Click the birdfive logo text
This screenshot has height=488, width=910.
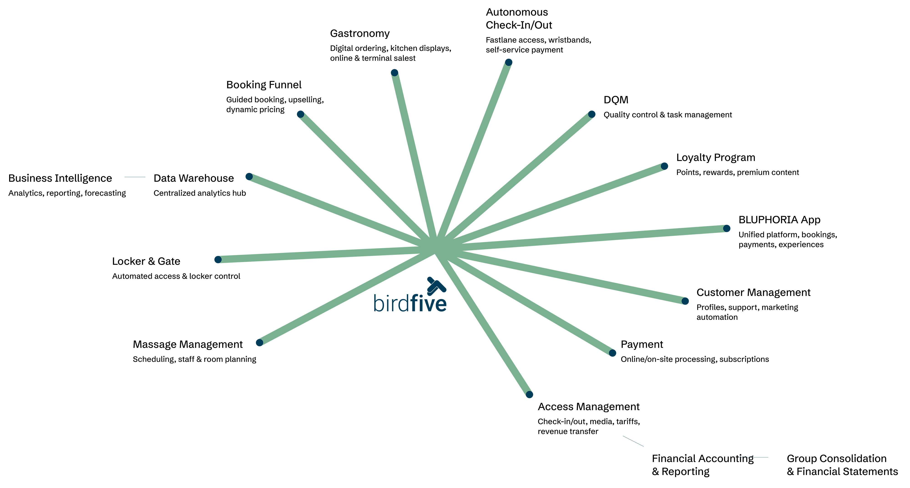410,303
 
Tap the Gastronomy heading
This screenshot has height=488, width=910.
360,34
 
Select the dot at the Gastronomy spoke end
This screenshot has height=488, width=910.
394,73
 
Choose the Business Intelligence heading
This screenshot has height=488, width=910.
60,178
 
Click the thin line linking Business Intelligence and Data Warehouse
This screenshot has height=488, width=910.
135,177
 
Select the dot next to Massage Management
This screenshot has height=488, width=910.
259,342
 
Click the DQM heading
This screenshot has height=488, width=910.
616,100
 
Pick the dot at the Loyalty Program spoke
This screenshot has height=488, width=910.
664,166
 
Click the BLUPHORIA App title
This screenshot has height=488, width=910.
779,220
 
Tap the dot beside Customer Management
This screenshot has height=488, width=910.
685,301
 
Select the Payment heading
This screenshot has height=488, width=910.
642,344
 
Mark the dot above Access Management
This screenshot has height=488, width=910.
529,394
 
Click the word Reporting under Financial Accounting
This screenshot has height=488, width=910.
685,472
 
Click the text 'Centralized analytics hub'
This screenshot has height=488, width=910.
200,193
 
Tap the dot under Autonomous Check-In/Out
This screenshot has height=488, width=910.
508,63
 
